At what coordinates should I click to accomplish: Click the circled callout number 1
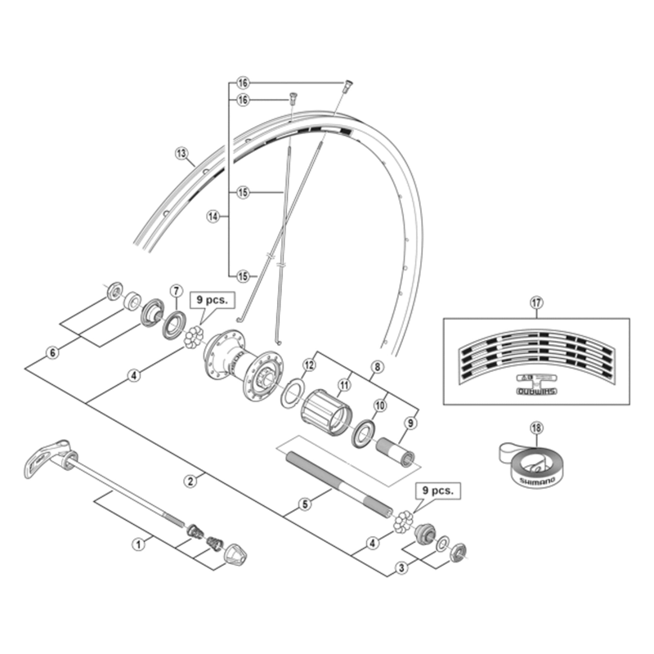pos(139,541)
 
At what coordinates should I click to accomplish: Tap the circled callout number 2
pos(190,481)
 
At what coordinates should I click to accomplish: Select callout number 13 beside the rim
pos(181,153)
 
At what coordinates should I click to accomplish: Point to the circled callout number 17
pos(536,302)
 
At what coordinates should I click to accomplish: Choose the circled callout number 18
pos(536,427)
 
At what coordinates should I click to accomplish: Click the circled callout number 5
pos(303,504)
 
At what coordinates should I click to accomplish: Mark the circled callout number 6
pos(53,352)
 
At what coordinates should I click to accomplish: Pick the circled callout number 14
pos(214,217)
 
